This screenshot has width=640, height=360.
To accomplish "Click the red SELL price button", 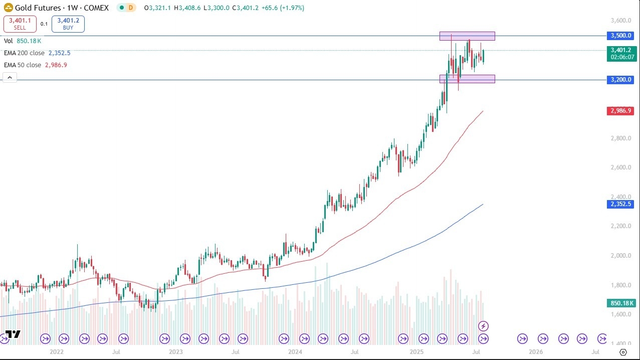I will coord(20,24).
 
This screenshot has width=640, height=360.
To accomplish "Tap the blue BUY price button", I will coord(68,24).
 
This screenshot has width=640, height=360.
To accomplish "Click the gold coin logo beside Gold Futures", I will coord(8,8).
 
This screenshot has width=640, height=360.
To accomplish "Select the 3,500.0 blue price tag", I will coord(621,36).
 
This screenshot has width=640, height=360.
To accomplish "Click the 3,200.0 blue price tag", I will coord(621,80).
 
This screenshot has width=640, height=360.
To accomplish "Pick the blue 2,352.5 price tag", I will coord(621,204).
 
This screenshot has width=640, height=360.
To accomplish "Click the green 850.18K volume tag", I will coord(621,303).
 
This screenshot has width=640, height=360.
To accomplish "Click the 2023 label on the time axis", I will coord(175,352).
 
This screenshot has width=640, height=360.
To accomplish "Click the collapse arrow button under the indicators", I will coord(10,77).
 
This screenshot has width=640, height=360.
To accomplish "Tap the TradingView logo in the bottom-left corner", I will coord(13,334).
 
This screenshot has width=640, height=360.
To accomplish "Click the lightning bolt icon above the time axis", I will coord(483,326).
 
